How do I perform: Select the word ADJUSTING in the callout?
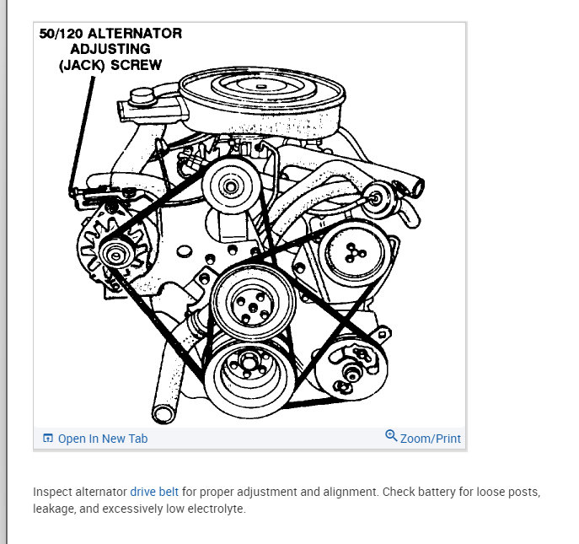(x=110, y=49)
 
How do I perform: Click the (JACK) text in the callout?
(x=85, y=64)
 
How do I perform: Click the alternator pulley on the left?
(x=111, y=251)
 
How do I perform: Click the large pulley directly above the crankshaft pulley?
(x=250, y=300)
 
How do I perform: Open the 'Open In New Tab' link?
(x=102, y=439)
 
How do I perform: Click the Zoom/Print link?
(x=430, y=439)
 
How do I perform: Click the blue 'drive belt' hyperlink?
(x=154, y=491)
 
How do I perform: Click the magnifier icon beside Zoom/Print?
(x=391, y=436)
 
